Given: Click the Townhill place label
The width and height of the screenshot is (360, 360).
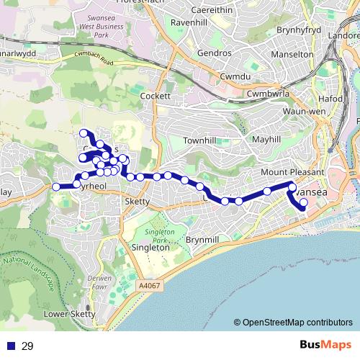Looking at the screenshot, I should point(199,140).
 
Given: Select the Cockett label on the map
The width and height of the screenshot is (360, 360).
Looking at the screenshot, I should point(156,96).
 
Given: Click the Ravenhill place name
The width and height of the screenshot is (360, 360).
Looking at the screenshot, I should point(189,22).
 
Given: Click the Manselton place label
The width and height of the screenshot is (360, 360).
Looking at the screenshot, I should point(293,54).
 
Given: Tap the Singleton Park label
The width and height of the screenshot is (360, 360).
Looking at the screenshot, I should point(160,237).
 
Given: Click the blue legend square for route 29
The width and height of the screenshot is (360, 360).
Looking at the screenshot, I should point(9,346).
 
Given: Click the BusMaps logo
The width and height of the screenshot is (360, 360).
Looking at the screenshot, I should point(326,346).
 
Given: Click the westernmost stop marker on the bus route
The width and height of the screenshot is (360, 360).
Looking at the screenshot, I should point(56,187).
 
